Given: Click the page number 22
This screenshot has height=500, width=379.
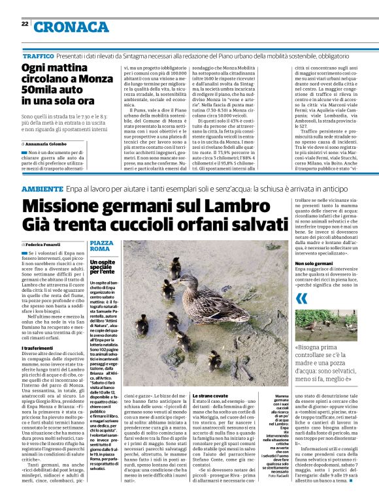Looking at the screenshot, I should point(25,23).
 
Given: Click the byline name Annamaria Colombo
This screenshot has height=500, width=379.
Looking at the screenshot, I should point(50,144).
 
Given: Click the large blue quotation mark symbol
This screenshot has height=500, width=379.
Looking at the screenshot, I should point(301,298).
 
